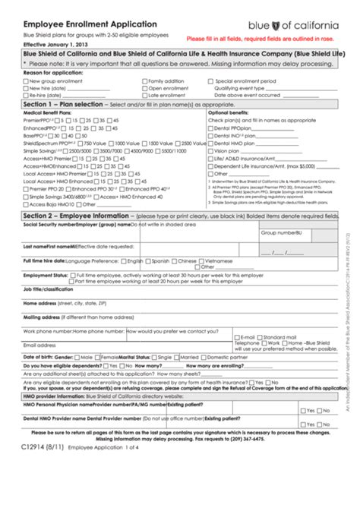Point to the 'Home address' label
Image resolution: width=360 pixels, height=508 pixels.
40,302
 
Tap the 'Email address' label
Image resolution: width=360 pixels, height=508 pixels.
39,344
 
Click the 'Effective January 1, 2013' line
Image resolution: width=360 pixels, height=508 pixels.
55,46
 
